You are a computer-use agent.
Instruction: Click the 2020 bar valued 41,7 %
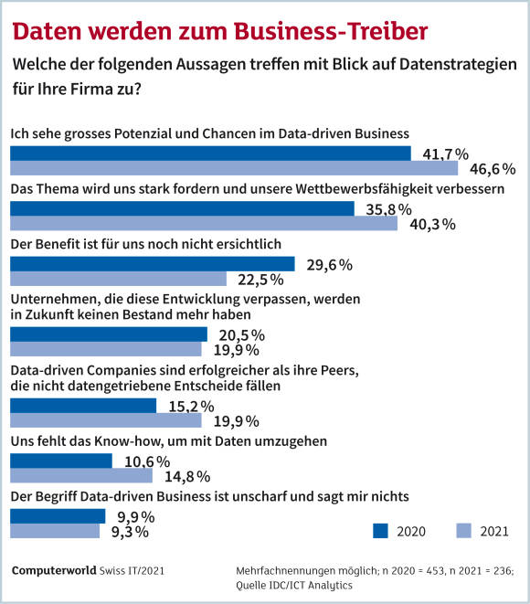210,154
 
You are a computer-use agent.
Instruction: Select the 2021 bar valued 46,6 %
234,168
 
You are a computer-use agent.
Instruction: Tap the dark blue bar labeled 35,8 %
182,208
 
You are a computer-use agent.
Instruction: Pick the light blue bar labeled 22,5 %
118,279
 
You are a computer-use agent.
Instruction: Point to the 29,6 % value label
329,265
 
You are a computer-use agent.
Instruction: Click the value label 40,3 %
432,224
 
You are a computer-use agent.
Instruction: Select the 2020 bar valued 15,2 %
83,406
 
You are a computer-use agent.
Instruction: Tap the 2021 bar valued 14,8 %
81,476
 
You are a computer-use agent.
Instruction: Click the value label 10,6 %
147,461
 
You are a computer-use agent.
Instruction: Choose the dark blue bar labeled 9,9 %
58,516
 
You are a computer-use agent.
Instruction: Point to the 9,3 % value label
130,532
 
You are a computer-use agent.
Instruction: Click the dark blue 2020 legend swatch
380,531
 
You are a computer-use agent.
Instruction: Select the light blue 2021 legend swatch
464,531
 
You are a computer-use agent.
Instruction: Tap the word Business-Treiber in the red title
331,31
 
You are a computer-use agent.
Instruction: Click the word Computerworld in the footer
54,570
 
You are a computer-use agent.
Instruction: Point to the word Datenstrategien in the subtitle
458,64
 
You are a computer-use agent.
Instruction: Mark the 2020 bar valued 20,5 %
109,334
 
